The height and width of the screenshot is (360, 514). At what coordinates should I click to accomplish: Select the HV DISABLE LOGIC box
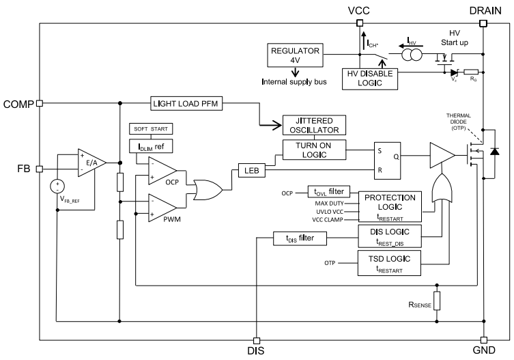pos(370,79)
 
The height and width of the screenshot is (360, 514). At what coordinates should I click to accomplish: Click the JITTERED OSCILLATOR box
pos(313,125)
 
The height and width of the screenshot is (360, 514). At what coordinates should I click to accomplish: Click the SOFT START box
pos(151,129)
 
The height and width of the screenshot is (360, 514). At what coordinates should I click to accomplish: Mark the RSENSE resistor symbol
pos(438,301)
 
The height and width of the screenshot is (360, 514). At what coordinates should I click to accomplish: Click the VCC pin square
pos(359,23)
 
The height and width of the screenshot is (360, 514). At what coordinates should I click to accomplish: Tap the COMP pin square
pos(40,103)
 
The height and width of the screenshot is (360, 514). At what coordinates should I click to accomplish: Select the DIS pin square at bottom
pos(256,340)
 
